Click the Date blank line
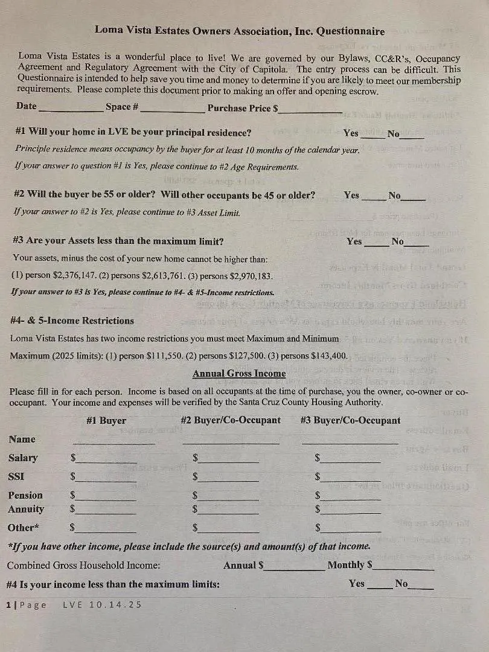point(70,109)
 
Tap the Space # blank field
point(173,109)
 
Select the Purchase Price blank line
point(310,110)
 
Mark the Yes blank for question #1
point(372,135)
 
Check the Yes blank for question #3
point(377,243)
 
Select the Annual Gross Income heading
point(239,374)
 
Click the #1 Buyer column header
point(106,420)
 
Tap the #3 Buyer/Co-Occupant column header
point(350,420)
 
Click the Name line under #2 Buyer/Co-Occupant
point(231,442)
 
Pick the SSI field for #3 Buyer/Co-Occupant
point(351,479)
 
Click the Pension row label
point(25,495)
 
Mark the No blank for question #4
point(421,586)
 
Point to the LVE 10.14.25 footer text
point(102,604)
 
